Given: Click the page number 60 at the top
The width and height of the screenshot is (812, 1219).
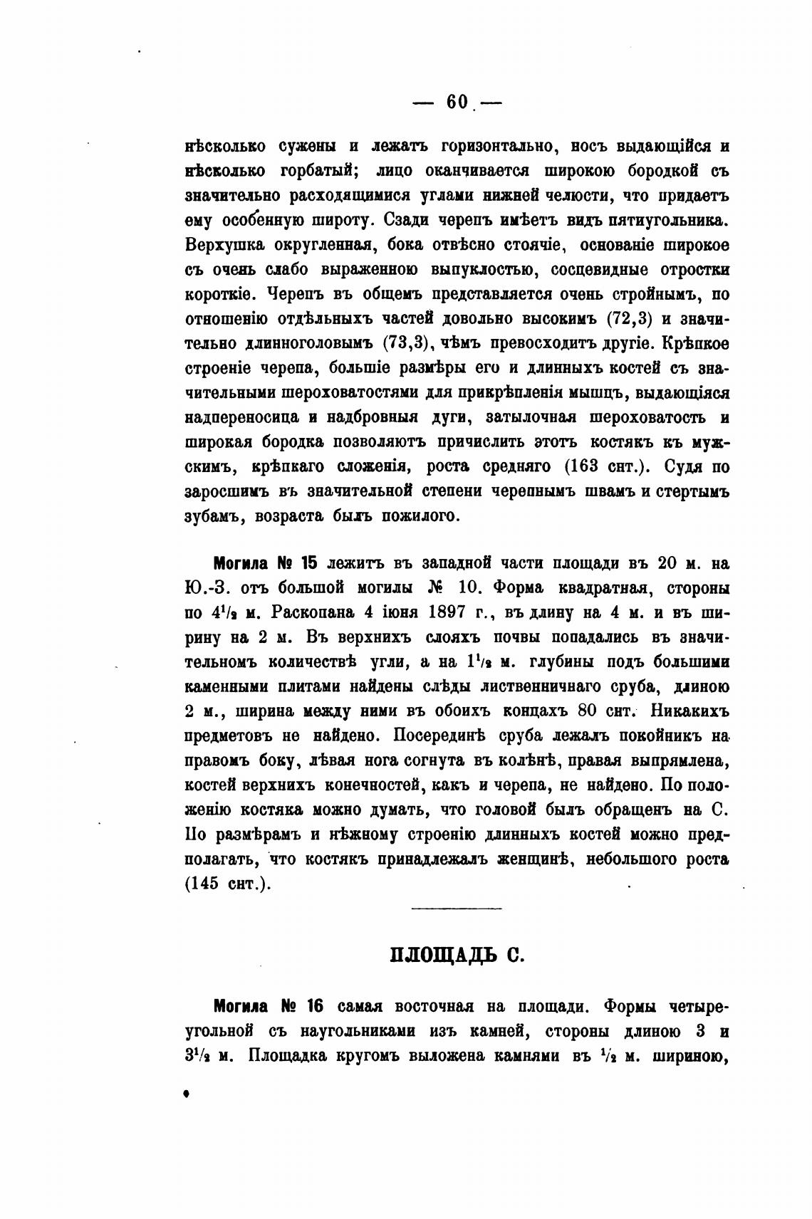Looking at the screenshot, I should [457, 103].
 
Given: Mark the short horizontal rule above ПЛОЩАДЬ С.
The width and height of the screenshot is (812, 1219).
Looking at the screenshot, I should [457, 908].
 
